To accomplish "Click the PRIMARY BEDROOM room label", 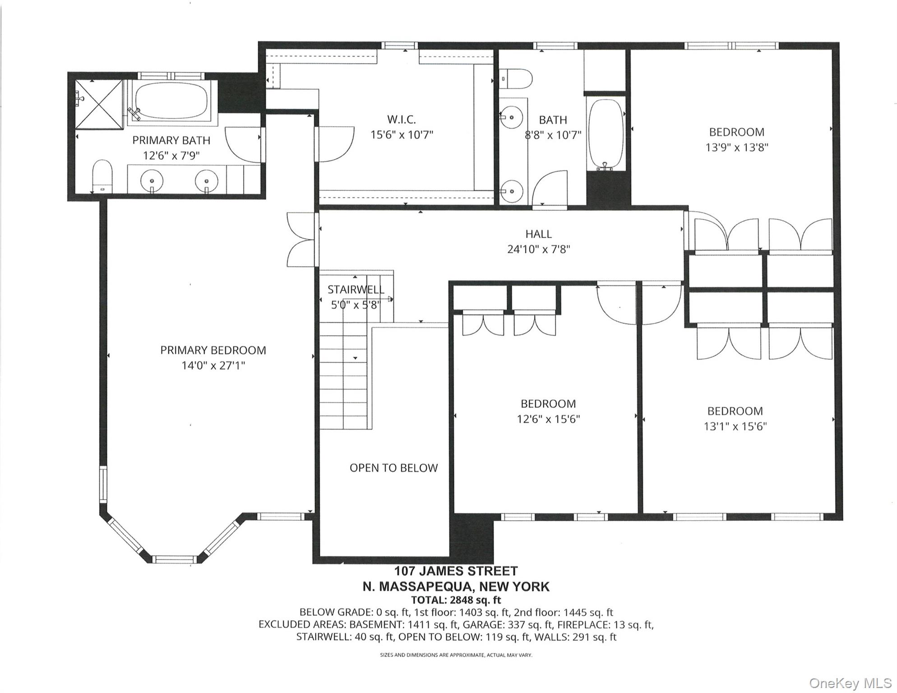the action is tap(213, 350).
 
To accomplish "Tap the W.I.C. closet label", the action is tap(402, 120).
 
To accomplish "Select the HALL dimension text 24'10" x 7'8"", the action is tap(539, 249).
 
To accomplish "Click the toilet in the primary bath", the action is tap(102, 176).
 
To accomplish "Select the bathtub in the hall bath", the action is tap(606, 134).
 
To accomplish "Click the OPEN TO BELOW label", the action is tap(393, 468).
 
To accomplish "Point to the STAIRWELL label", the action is tap(356, 290).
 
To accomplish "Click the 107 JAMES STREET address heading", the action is tap(456, 571).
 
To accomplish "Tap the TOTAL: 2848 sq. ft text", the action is tap(456, 600).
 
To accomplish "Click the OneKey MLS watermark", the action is tap(850, 683).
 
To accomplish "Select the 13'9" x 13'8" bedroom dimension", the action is tap(737, 147).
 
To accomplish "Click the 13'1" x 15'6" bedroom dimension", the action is tap(735, 426).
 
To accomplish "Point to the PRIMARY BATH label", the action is tap(171, 140).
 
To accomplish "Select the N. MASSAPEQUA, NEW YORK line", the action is tap(456, 587).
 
